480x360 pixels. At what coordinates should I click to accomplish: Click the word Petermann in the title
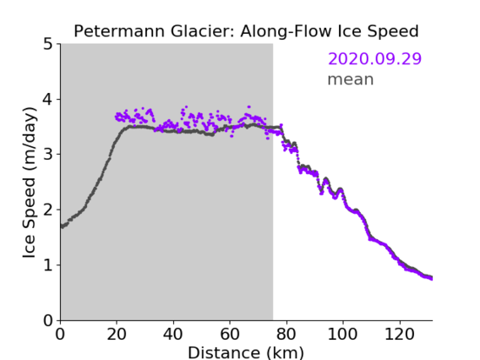tap(120, 31)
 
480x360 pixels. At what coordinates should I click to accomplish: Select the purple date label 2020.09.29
tap(374, 58)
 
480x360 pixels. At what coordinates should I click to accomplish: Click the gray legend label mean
tap(351, 79)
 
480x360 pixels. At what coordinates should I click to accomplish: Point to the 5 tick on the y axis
tap(48, 45)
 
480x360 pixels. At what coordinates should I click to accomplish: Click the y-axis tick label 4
tap(48, 100)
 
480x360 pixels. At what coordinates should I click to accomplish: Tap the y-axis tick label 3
tap(48, 155)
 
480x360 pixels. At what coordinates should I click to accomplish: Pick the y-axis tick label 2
tap(48, 210)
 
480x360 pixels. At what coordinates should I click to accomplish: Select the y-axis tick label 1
tap(48, 265)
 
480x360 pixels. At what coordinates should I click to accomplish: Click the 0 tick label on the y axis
tap(48, 320)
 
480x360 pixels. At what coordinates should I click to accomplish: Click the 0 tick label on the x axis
tap(60, 334)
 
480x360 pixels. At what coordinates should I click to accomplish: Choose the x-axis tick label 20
tap(117, 334)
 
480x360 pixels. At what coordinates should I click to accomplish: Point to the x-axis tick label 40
tap(173, 334)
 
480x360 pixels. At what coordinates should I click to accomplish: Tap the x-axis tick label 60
tap(230, 334)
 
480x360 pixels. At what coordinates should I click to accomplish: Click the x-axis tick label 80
tap(286, 334)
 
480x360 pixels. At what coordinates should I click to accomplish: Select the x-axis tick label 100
tap(342, 334)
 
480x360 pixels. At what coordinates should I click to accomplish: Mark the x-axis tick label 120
tap(399, 334)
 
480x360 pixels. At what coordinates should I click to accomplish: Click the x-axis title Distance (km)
tap(246, 353)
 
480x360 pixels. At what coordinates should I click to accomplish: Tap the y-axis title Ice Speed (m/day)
tap(30, 183)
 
